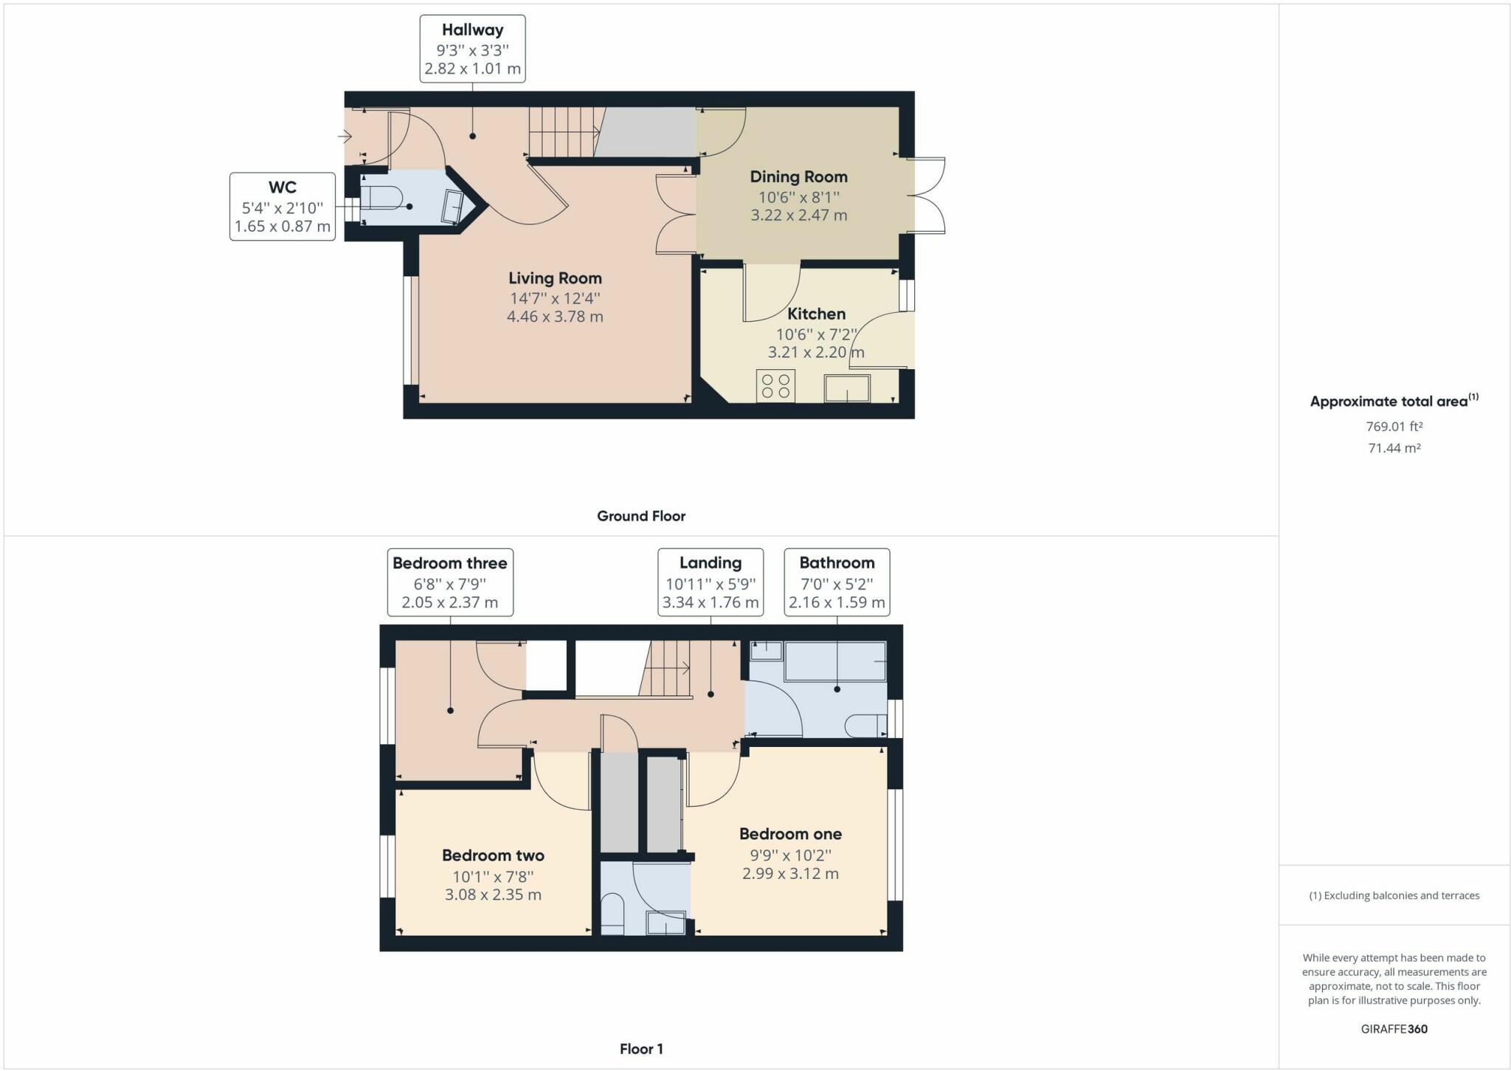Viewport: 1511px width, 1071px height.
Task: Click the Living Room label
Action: pyautogui.click(x=555, y=278)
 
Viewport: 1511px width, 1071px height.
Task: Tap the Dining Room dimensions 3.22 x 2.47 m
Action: pyautogui.click(x=798, y=216)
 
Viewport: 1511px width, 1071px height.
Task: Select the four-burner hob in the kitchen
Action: pyautogui.click(x=775, y=385)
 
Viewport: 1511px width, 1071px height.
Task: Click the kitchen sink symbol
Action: pyautogui.click(x=847, y=388)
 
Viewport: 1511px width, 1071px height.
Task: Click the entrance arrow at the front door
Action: pyautogui.click(x=345, y=136)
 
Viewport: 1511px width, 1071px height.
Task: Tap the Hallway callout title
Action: pyautogui.click(x=472, y=30)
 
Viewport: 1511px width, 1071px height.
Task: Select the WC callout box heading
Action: pyautogui.click(x=283, y=187)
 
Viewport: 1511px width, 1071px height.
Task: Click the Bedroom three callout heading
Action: pyautogui.click(x=449, y=563)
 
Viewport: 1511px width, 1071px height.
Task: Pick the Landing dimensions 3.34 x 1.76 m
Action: pyautogui.click(x=710, y=602)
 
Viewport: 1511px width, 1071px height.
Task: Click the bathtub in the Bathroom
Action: pyautogui.click(x=834, y=661)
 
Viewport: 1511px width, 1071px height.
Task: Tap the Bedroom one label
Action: pyautogui.click(x=790, y=834)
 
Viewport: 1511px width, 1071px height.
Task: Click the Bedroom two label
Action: pyautogui.click(x=493, y=855)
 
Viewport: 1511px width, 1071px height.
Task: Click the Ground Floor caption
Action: pyautogui.click(x=640, y=516)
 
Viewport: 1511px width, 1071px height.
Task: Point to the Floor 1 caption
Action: pyautogui.click(x=640, y=1049)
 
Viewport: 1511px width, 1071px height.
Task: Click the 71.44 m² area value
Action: pyautogui.click(x=1394, y=448)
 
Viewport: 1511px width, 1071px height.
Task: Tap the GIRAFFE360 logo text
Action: pyautogui.click(x=1394, y=1029)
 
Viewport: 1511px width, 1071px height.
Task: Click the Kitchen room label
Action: pyautogui.click(x=816, y=314)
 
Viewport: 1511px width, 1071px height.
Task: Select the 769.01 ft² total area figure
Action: pyautogui.click(x=1394, y=427)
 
